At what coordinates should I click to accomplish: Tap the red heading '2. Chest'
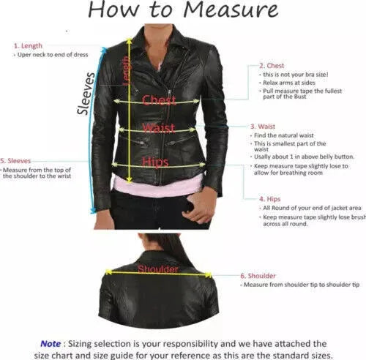tap(273, 65)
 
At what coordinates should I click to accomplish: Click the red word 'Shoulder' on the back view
tap(157, 269)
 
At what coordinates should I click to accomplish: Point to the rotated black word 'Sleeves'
tap(86, 94)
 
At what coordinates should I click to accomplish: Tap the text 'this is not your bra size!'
tap(296, 75)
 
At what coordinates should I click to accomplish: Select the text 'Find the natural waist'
tap(285, 136)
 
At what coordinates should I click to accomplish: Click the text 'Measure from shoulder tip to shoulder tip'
tap(301, 285)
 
